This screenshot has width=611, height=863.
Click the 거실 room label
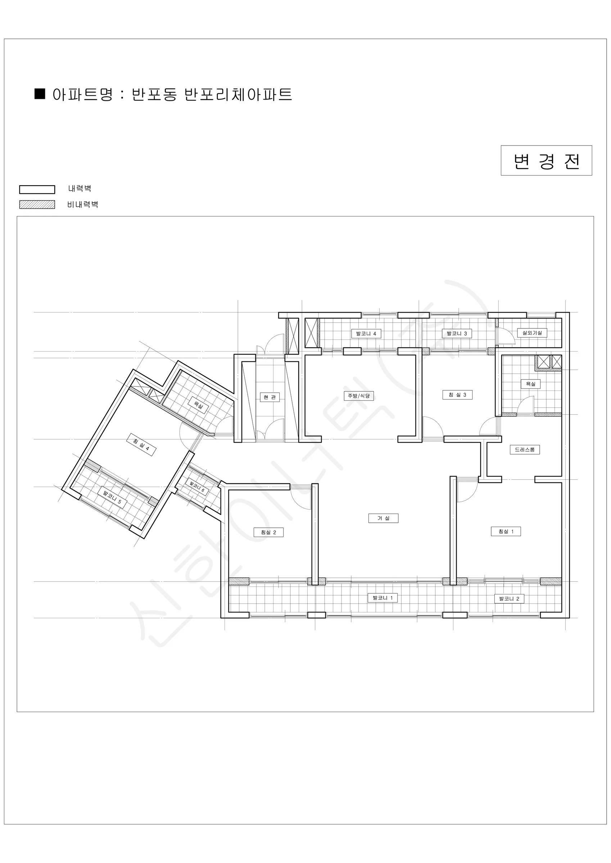pyautogui.click(x=383, y=518)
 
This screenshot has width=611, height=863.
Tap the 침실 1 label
pyautogui.click(x=506, y=531)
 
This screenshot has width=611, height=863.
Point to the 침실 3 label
pyautogui.click(x=457, y=395)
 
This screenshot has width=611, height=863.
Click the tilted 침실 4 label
pyautogui.click(x=141, y=445)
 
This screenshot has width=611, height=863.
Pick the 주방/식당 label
pyautogui.click(x=358, y=396)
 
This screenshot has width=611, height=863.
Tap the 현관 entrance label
pyautogui.click(x=270, y=397)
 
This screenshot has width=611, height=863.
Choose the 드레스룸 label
pyautogui.click(x=525, y=449)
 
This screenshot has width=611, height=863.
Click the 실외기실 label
pyautogui.click(x=532, y=333)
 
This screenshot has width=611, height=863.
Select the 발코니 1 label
pyautogui.click(x=383, y=598)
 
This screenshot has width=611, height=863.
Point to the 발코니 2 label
pyautogui.click(x=509, y=598)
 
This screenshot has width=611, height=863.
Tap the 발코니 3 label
pyautogui.click(x=457, y=333)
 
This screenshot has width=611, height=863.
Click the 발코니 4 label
pyautogui.click(x=366, y=333)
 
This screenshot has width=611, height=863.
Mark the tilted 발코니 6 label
pyautogui.click(x=197, y=488)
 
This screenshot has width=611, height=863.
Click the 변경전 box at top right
pyautogui.click(x=546, y=160)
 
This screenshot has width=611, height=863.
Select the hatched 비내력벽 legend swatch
pyautogui.click(x=37, y=205)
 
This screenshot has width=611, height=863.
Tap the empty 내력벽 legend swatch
pyautogui.click(x=37, y=190)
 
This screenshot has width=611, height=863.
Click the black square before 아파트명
pyautogui.click(x=40, y=93)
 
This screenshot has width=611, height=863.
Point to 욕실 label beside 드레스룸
pyautogui.click(x=530, y=384)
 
